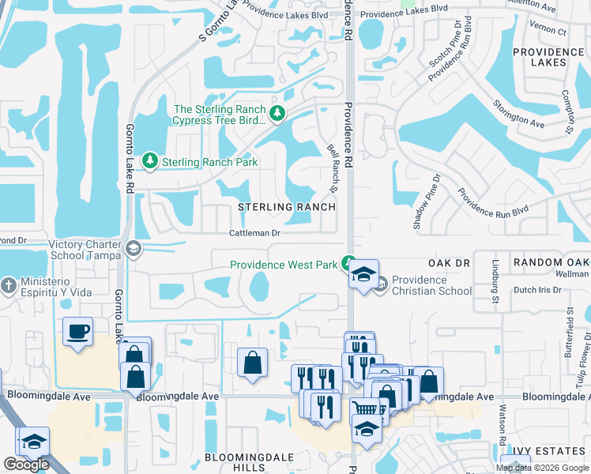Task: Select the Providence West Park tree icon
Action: coord(348,264)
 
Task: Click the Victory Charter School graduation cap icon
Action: coord(134,250)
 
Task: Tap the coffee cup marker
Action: coord(77,332)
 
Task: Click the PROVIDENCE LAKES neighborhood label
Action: coord(540,56)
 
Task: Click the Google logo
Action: coord(26,465)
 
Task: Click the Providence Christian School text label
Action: coord(431,285)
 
